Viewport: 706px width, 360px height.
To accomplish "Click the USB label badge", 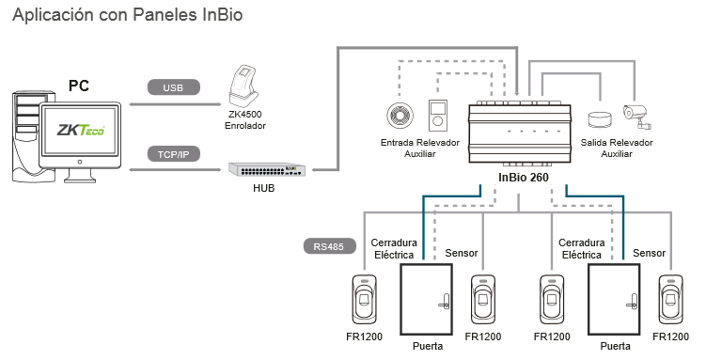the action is point(173,87).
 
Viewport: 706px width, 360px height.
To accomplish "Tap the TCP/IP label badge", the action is point(173,154).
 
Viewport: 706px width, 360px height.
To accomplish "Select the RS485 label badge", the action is point(329,246).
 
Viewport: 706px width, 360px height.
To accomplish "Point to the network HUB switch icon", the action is point(267,169).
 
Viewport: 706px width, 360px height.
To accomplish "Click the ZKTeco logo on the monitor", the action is point(81,130).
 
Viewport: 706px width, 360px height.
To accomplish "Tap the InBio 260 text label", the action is point(524,178).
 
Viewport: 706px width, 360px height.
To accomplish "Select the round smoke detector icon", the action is point(400,116).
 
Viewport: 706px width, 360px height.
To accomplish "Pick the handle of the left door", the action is point(445,302).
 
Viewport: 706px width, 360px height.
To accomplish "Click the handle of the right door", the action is point(632,302).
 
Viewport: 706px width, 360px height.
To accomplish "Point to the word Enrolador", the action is point(245,126).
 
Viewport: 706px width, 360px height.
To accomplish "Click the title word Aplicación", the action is point(54,15).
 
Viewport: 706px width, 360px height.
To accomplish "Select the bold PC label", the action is point(79,86).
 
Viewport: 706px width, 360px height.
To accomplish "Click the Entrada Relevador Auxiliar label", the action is point(420,149).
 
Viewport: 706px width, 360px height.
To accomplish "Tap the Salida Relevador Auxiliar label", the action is point(617,149).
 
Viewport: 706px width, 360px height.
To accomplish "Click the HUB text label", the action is point(264,188).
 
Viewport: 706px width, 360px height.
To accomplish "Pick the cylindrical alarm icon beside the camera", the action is point(600,119).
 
